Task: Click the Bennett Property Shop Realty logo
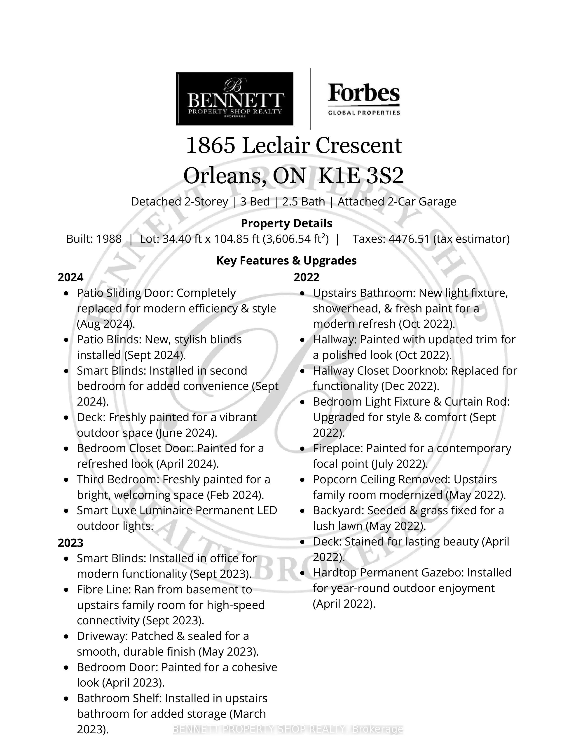(x=234, y=99)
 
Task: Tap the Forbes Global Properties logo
(x=364, y=99)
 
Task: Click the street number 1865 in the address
(x=210, y=146)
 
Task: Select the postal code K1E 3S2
(x=361, y=176)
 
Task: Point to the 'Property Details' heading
(x=286, y=223)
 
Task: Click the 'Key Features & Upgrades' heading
(x=286, y=261)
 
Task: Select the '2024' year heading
(x=70, y=277)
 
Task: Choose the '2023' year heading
(x=70, y=543)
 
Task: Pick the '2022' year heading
(x=307, y=277)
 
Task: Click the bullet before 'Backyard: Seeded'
(x=302, y=511)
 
